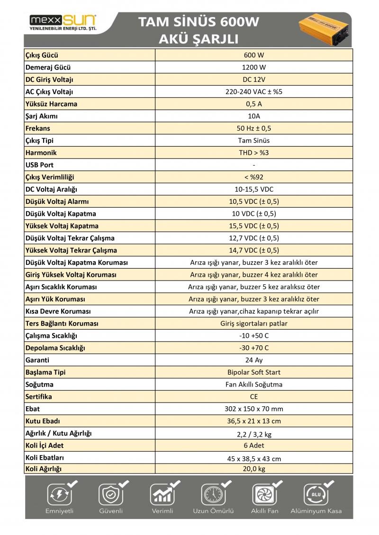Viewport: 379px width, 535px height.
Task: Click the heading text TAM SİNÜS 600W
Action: (x=199, y=22)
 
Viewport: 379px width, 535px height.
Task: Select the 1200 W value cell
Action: (x=254, y=67)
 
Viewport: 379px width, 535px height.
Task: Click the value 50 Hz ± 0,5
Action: (x=254, y=128)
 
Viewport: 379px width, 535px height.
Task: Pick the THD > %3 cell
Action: (x=254, y=153)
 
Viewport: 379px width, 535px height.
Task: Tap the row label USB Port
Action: (x=39, y=165)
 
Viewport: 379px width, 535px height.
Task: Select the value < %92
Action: (x=254, y=177)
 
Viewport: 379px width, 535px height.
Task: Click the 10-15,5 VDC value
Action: (x=254, y=189)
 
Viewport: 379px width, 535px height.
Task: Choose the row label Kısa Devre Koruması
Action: (x=58, y=311)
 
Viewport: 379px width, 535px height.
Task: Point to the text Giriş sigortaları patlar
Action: (x=254, y=324)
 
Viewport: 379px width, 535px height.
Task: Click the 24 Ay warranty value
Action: (x=254, y=360)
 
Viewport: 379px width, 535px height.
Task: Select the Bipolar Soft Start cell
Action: (x=254, y=372)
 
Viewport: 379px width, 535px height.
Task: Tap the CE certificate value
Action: (x=254, y=397)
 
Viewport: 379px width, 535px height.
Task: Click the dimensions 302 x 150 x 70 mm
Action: (x=254, y=409)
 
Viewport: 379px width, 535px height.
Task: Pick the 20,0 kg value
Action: (x=254, y=469)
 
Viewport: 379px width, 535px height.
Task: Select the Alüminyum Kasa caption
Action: (x=316, y=511)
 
